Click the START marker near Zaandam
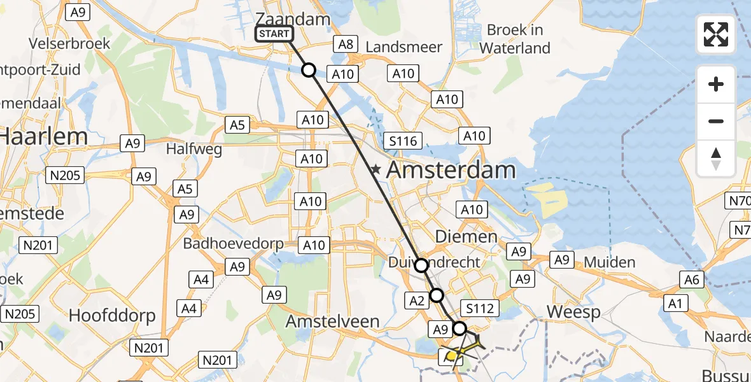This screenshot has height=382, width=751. (274, 34)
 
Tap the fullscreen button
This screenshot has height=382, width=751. (716, 34)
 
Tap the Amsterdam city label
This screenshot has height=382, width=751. (450, 170)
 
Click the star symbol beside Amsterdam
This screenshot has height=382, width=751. (377, 170)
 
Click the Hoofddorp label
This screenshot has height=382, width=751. (108, 316)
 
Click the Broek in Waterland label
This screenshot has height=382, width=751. (515, 39)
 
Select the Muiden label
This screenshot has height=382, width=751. (609, 262)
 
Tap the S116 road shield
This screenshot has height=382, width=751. (404, 141)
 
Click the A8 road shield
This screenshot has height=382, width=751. (345, 44)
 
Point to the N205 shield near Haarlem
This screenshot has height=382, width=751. (65, 175)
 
